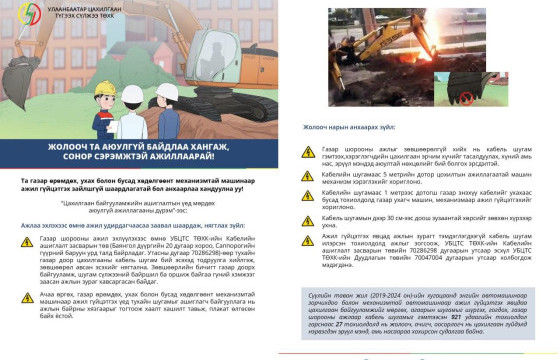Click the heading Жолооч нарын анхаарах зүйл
pyautogui.click(x=345, y=129)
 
